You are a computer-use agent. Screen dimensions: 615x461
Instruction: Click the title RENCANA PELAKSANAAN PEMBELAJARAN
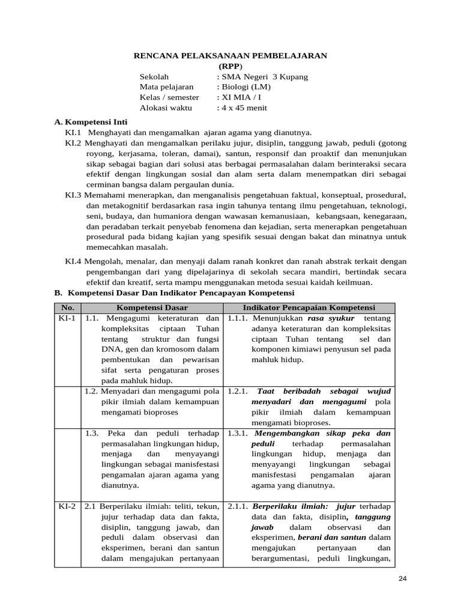(230, 55)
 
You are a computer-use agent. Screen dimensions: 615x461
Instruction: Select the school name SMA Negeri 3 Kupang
(264, 77)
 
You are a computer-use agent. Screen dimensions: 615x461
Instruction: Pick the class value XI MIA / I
(242, 97)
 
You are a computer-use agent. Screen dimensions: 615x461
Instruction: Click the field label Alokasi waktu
(165, 108)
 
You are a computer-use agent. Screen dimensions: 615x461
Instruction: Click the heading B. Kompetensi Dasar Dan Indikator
(174, 293)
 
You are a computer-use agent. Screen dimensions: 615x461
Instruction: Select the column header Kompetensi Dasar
(152, 307)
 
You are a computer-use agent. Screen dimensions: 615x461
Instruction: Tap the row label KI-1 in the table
(67, 318)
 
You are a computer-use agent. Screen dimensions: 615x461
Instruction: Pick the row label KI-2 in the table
(67, 506)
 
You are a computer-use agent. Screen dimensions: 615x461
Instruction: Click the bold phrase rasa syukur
(331, 318)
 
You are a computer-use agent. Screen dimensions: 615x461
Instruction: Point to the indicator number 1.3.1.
(239, 433)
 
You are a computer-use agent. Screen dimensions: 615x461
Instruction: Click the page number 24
(403, 578)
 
